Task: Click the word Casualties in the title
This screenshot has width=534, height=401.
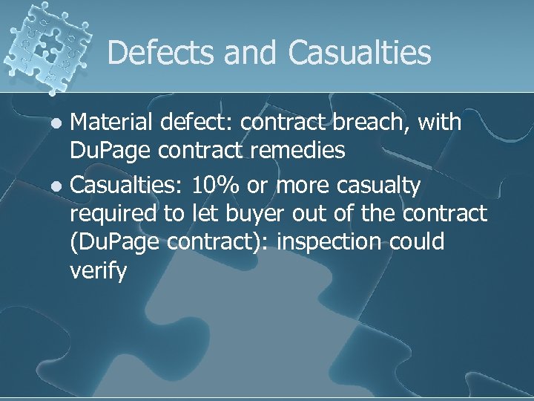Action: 360,53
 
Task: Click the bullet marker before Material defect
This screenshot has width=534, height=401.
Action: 62,123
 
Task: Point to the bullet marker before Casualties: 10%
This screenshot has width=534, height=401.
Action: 62,186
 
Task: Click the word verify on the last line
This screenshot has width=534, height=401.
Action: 98,272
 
